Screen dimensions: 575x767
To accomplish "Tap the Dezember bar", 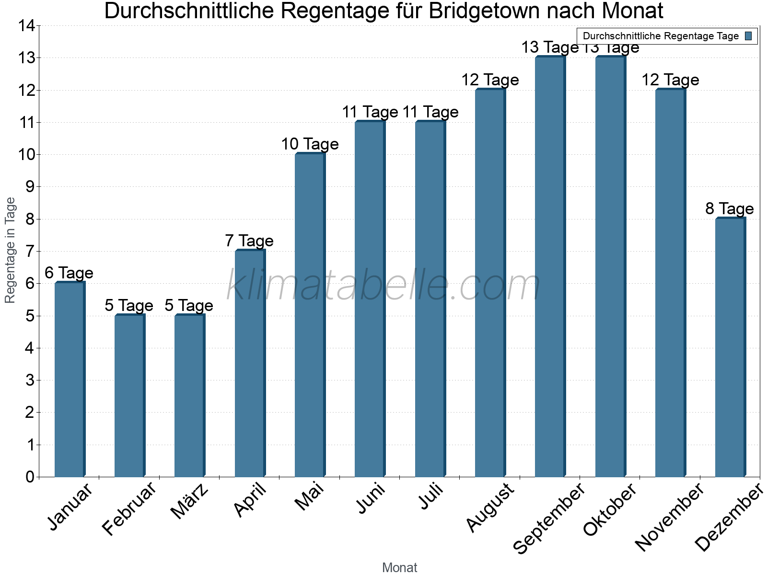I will (730, 347).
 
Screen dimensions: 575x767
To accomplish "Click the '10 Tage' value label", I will (310, 144).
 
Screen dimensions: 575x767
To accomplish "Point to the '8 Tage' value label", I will (730, 208).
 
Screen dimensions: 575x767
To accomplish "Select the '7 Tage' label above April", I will (249, 241).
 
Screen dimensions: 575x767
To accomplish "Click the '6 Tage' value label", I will (69, 273).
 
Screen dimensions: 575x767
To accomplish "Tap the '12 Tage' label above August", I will (490, 80).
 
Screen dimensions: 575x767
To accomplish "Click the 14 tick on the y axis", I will (27, 26).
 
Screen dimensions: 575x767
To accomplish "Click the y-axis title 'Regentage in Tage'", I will (10, 250).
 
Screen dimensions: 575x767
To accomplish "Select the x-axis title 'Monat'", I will (399, 567).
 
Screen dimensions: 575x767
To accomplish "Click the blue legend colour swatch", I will (749, 36).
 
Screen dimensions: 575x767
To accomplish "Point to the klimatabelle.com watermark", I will (383, 285).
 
